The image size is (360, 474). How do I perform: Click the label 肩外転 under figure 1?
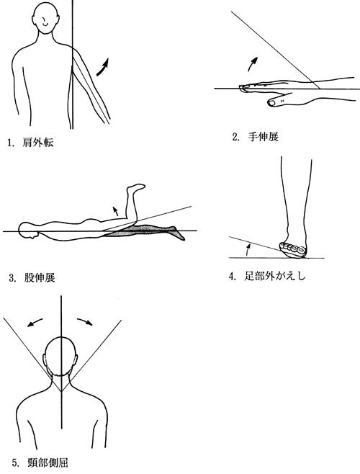37,142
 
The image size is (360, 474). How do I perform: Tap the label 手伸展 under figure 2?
263,137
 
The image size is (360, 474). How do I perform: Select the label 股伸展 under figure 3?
40,277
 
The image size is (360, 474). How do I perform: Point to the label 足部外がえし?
275,276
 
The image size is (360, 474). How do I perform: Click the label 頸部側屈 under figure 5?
48,462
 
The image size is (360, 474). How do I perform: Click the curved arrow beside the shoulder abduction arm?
102,67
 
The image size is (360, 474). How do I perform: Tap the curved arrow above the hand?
253,63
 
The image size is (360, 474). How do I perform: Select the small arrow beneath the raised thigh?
115,210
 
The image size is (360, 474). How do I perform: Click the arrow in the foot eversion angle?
248,249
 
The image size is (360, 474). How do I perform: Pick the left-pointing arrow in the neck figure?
35,322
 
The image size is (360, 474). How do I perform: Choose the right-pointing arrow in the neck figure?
85,321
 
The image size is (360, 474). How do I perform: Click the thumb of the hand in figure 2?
276,101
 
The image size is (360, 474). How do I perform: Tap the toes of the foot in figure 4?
292,248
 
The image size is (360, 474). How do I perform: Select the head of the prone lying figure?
27,231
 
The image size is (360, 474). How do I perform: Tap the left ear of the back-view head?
45,360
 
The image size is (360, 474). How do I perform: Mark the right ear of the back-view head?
76,360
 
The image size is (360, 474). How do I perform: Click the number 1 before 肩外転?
10,143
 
